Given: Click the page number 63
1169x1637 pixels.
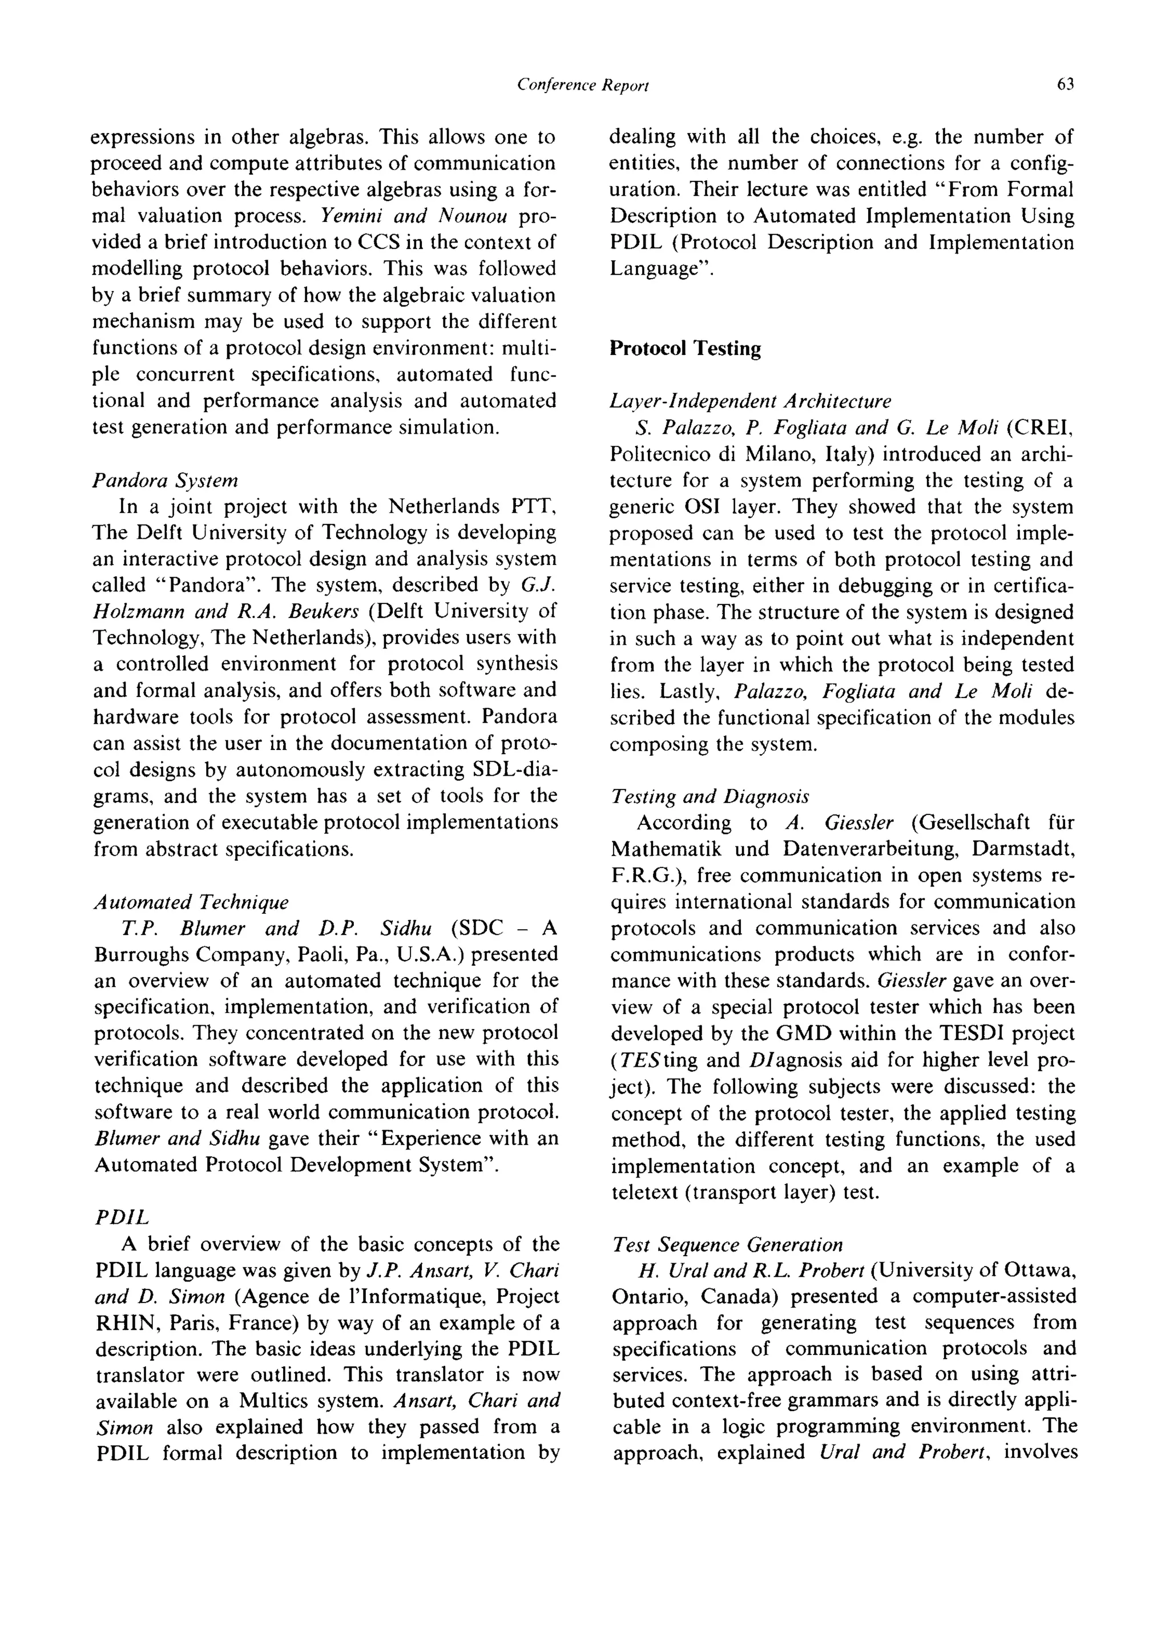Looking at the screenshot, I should tap(1065, 85).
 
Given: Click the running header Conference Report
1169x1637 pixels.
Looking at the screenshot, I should tap(583, 86).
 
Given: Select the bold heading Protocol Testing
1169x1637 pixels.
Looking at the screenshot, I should tap(686, 348).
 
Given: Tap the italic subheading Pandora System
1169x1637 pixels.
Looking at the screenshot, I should tap(166, 480).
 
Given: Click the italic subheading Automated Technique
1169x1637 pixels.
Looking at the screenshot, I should tap(191, 902).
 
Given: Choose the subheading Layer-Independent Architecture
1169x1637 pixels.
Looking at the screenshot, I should tap(750, 401).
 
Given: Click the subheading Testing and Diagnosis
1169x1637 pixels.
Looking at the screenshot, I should tap(710, 797).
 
